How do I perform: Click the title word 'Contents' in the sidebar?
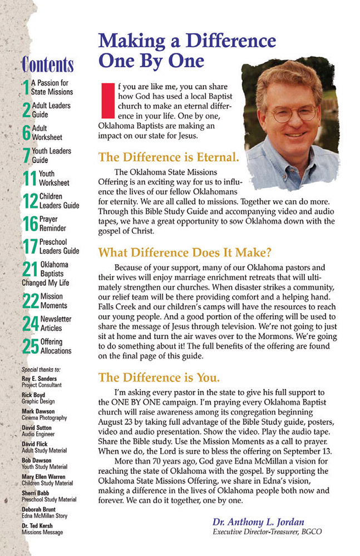click(x=48, y=64)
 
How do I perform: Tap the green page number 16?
click(x=30, y=224)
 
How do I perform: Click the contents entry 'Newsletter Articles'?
click(x=56, y=324)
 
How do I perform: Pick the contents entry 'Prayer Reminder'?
click(x=52, y=224)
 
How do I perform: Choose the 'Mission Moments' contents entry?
click(x=53, y=301)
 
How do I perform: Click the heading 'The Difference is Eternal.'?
click(x=169, y=157)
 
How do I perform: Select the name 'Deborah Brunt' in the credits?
click(x=39, y=509)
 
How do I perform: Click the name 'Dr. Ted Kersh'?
click(x=37, y=525)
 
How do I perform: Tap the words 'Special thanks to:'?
click(x=41, y=369)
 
